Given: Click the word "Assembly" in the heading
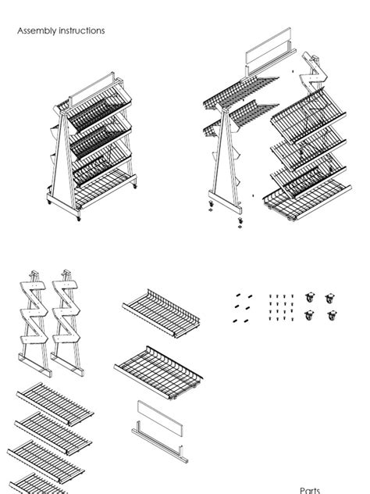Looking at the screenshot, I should pos(35,30).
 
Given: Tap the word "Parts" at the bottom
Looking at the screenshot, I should pos(310,490).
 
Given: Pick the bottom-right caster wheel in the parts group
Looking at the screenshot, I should pos(333,317).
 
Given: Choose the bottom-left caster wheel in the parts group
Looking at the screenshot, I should pos(310,317).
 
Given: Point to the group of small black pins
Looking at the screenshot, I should pos(243,307).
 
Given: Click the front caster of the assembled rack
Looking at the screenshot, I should pos(77,217).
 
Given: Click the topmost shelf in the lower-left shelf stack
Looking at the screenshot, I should pos(55,400).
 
